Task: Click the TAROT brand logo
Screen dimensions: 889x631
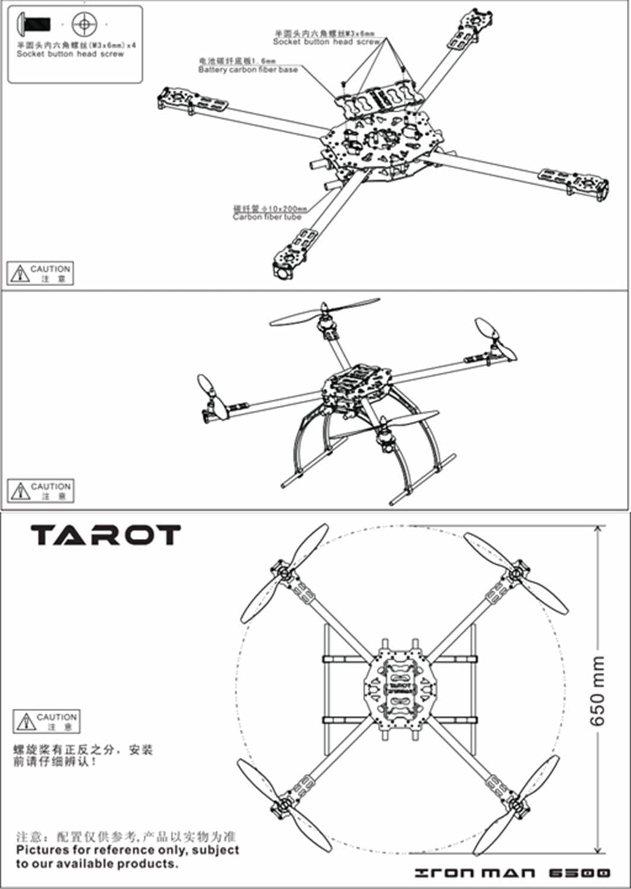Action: pos(106,535)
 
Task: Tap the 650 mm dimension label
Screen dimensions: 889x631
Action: pos(598,690)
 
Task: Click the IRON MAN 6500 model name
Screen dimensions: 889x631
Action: pos(512,872)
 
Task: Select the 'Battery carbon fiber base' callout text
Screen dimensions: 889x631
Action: pos(248,70)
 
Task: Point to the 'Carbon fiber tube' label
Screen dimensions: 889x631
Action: pos(267,217)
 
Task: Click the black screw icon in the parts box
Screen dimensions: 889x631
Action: pos(35,24)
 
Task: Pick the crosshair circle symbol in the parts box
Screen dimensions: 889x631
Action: pos(83,24)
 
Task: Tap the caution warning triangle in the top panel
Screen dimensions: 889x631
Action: pos(20,273)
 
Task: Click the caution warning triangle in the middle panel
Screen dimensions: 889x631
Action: pos(20,491)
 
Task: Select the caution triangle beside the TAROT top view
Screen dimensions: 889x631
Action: pos(26,721)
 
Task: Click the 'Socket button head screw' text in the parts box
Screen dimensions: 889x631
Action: pos(70,54)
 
